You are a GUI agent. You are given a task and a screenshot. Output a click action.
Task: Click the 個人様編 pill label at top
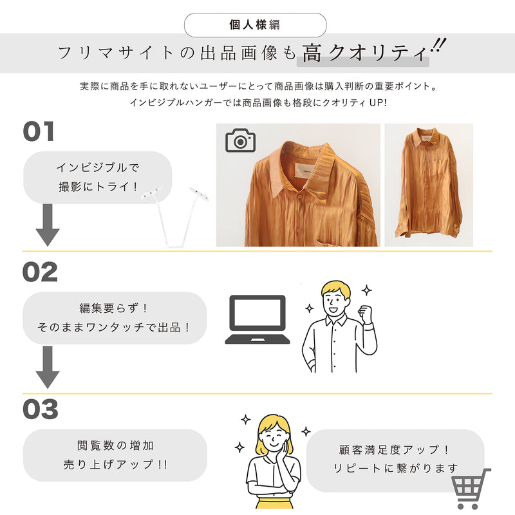pos(255,25)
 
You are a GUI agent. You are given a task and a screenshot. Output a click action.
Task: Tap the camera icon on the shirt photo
pos(240,140)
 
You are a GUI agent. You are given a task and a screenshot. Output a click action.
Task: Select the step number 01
pos(39,131)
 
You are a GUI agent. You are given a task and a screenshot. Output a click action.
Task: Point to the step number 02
pos(40,272)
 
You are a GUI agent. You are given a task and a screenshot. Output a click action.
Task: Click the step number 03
pos(41,409)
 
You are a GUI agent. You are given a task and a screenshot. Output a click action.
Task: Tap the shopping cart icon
pos(471,489)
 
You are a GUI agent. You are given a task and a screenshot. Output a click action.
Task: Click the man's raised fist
pos(365,314)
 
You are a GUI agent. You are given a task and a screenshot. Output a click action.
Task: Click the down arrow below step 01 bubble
pos(48,225)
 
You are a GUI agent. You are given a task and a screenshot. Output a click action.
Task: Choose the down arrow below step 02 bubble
pos(48,367)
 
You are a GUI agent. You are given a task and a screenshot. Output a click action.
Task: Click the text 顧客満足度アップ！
pos(394,449)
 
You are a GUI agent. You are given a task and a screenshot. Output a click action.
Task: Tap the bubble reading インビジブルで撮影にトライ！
pos(98,178)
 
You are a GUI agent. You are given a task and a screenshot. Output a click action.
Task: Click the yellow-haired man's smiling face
pos(333,301)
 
